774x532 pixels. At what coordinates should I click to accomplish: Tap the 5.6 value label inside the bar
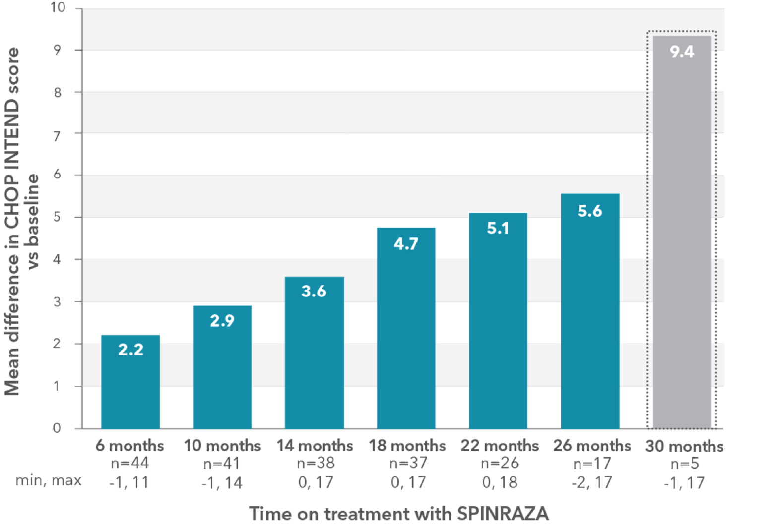point(589,211)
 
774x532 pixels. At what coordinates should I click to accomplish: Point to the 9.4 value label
point(682,52)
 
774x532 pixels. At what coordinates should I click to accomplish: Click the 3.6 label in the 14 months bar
point(314,291)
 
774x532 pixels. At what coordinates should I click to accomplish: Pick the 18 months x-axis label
point(407,446)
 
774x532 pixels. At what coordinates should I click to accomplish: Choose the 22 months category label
point(500,446)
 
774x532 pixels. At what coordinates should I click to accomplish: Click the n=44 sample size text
point(130,463)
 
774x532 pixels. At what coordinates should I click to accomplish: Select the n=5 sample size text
point(684,464)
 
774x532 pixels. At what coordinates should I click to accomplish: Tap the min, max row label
point(49,480)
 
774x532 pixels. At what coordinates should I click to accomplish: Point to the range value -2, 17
point(591,482)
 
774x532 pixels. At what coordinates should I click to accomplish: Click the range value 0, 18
point(500,482)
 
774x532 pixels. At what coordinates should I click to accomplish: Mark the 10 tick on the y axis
point(58,7)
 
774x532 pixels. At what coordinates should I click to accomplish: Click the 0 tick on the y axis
point(57,428)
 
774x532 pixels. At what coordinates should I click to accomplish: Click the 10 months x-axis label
point(222,446)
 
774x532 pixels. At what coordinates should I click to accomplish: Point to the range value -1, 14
point(222,483)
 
